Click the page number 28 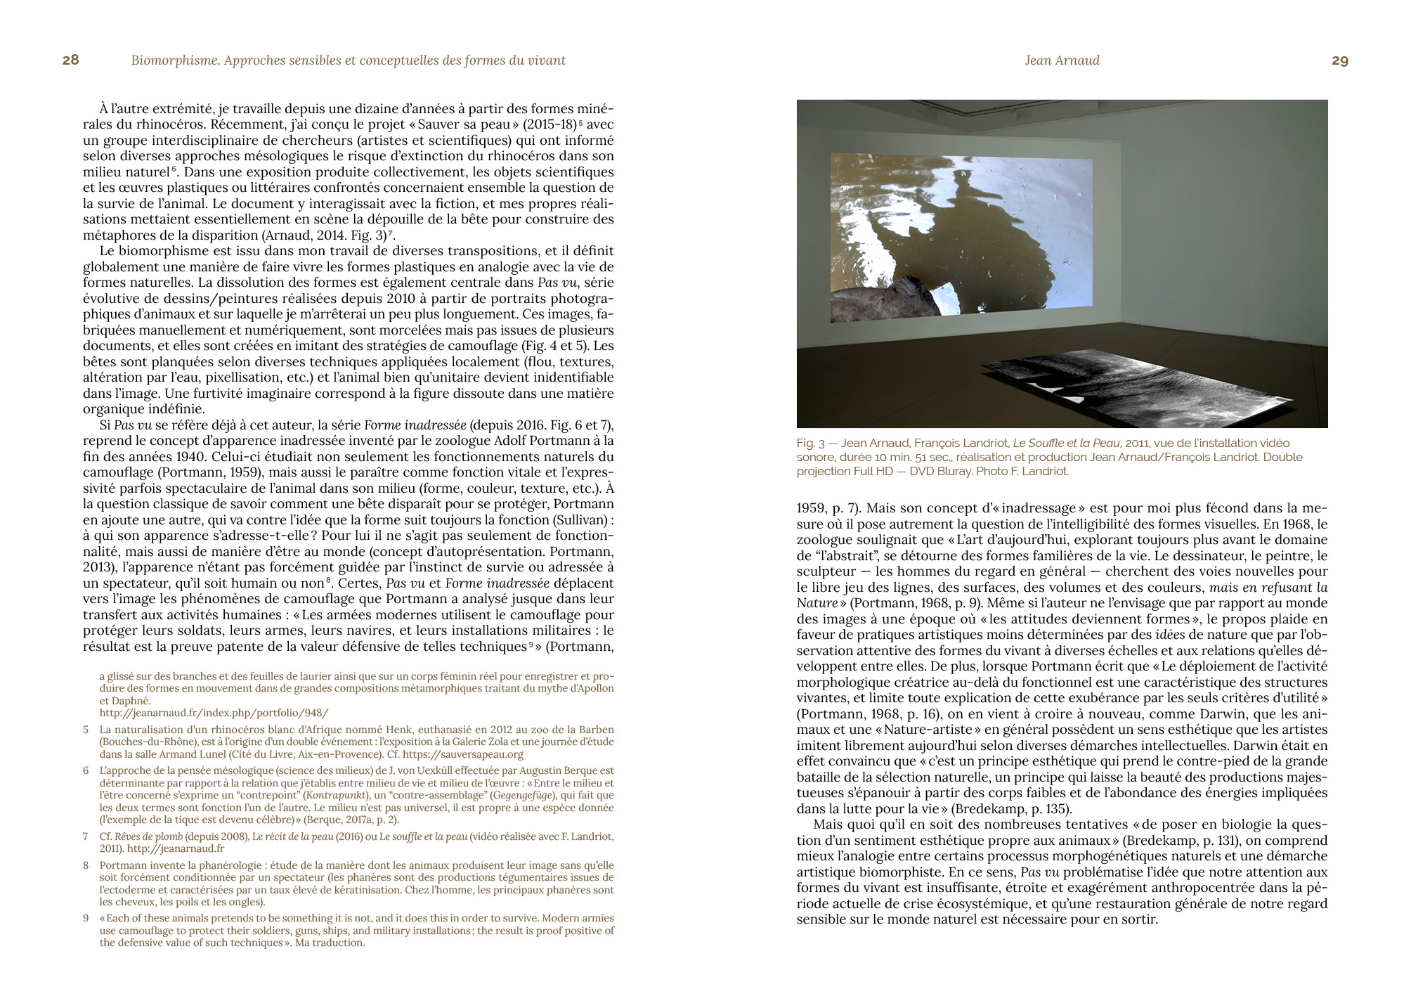pos(70,60)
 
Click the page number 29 pos(1339,61)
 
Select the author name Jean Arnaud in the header pos(1062,61)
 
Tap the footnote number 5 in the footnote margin pos(86,730)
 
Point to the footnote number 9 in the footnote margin pos(86,918)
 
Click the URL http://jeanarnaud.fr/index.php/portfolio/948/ pos(214,713)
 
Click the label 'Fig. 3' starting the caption pos(810,444)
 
